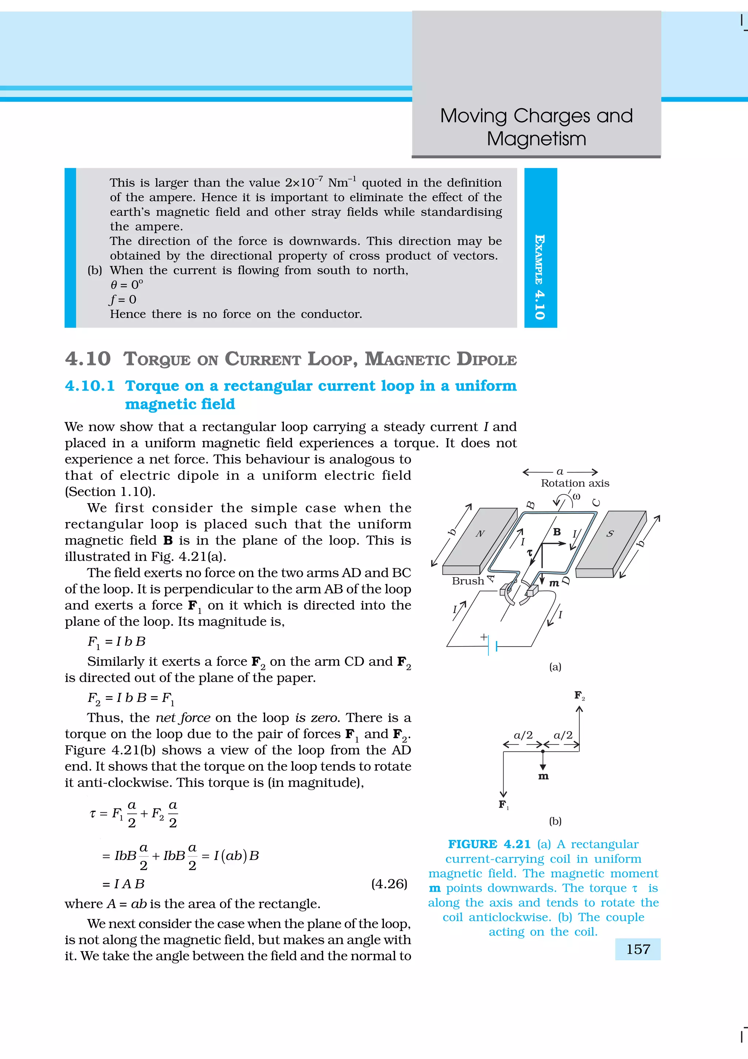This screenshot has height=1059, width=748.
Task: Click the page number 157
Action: coord(638,949)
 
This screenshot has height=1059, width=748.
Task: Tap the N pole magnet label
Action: coord(480,534)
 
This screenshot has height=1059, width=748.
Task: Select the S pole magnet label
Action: coord(610,534)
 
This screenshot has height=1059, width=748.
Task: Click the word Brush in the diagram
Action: coord(467,581)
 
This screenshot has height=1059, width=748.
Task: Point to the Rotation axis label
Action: coord(575,483)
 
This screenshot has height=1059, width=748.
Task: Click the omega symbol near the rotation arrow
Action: coord(576,496)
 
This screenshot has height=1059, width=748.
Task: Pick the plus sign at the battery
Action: coord(484,637)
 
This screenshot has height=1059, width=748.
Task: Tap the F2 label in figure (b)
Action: coord(579,695)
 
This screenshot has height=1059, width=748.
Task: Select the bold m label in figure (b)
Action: coord(543,776)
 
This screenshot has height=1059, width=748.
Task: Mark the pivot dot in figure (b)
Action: coord(543,752)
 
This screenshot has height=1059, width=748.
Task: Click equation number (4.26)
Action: coord(389,884)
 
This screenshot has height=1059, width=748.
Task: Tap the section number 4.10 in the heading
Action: coord(88,359)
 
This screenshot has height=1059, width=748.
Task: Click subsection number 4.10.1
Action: coord(89,386)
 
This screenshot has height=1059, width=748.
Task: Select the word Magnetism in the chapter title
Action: coord(537,139)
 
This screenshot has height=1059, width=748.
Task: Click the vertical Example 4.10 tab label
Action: coord(540,277)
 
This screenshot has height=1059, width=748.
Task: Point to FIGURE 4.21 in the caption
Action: coord(489,844)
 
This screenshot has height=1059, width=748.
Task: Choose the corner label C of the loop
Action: coord(596,503)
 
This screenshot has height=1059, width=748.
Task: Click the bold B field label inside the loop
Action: coord(557,532)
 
